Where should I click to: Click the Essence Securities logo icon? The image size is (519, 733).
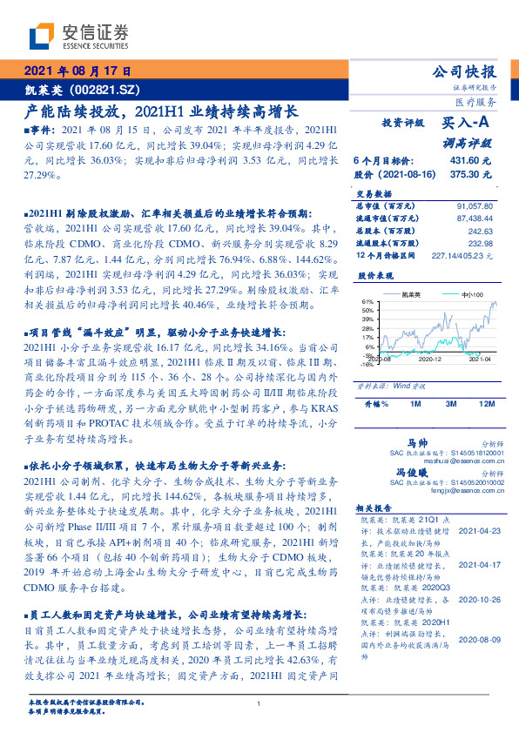click(40, 37)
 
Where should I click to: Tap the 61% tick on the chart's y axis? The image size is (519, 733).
click(368, 301)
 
